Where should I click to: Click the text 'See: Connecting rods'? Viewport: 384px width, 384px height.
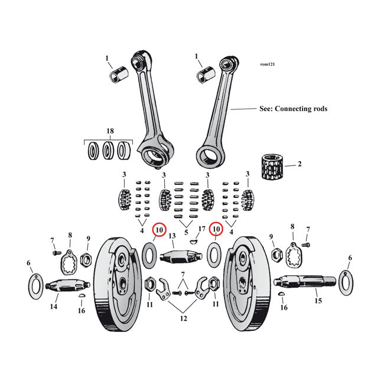click(x=293, y=109)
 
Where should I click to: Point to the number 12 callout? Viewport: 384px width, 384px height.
click(x=184, y=319)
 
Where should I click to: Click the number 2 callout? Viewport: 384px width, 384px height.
click(x=299, y=164)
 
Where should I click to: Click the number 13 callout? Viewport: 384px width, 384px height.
click(x=173, y=237)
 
